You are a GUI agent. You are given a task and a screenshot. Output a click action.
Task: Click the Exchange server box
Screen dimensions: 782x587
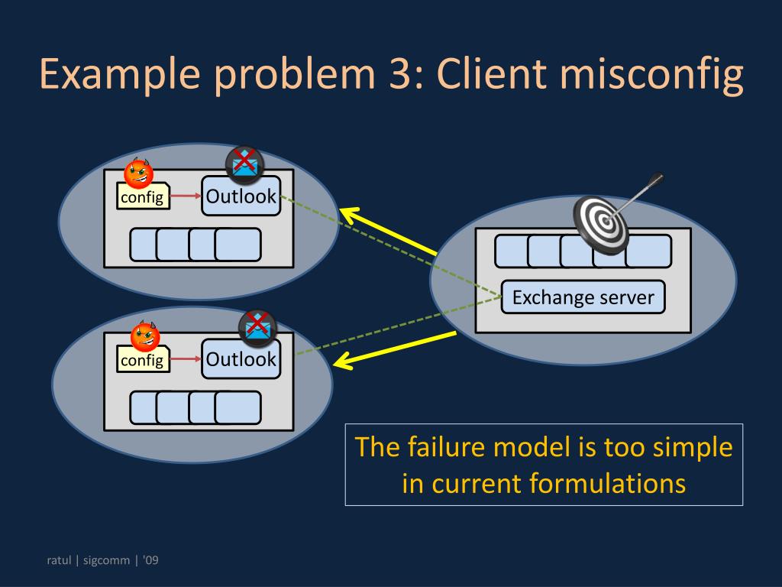point(583,297)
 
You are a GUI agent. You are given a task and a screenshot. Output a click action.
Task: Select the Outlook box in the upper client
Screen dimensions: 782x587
point(241,196)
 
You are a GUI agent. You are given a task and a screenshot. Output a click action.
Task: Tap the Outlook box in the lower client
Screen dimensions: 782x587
point(241,358)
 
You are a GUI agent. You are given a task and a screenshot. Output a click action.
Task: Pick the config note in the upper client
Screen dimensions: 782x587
point(143,196)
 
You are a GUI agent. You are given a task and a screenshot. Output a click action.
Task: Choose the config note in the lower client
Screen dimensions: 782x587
point(143,359)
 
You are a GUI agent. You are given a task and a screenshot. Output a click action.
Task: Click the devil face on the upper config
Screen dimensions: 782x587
point(138,173)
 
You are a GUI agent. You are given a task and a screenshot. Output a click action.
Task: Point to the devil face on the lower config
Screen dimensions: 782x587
point(144,336)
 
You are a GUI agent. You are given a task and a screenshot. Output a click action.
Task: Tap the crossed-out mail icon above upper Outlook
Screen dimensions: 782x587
point(244,164)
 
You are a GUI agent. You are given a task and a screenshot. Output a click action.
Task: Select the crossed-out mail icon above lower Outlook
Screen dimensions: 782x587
point(257,327)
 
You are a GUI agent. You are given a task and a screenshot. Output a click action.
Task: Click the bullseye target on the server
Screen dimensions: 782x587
point(601,223)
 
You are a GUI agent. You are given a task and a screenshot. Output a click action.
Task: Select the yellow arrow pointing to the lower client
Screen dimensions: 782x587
point(395,350)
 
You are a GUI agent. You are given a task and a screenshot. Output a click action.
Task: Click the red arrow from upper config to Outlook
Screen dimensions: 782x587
point(186,196)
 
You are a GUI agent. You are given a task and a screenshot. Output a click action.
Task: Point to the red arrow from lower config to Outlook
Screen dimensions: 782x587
point(186,359)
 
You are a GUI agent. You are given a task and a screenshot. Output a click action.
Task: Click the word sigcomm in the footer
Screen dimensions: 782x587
point(106,560)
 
